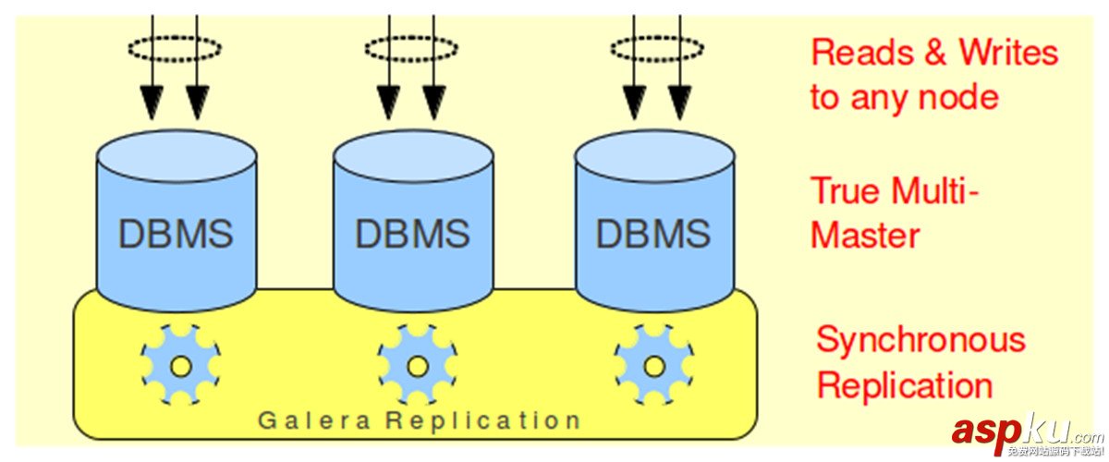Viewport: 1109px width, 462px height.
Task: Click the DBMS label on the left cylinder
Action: (x=176, y=234)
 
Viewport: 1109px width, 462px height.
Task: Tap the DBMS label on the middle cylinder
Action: (x=412, y=234)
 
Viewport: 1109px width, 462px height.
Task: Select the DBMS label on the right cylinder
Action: (x=652, y=234)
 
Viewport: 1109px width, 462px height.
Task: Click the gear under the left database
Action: (x=181, y=366)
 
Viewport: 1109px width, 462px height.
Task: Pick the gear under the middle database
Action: (x=417, y=366)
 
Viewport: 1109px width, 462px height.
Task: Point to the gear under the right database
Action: (x=654, y=366)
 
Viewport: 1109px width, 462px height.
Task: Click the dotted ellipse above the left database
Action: (x=175, y=48)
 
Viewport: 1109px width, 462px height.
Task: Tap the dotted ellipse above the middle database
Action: (x=411, y=48)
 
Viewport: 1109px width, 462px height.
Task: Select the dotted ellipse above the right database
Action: (x=657, y=48)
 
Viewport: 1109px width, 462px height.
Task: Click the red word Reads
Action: (x=863, y=53)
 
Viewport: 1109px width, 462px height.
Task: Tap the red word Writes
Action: (x=1008, y=53)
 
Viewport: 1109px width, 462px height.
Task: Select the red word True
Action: (x=845, y=191)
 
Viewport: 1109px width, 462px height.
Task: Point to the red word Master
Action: (x=865, y=235)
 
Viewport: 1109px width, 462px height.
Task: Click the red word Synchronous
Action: (x=920, y=340)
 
